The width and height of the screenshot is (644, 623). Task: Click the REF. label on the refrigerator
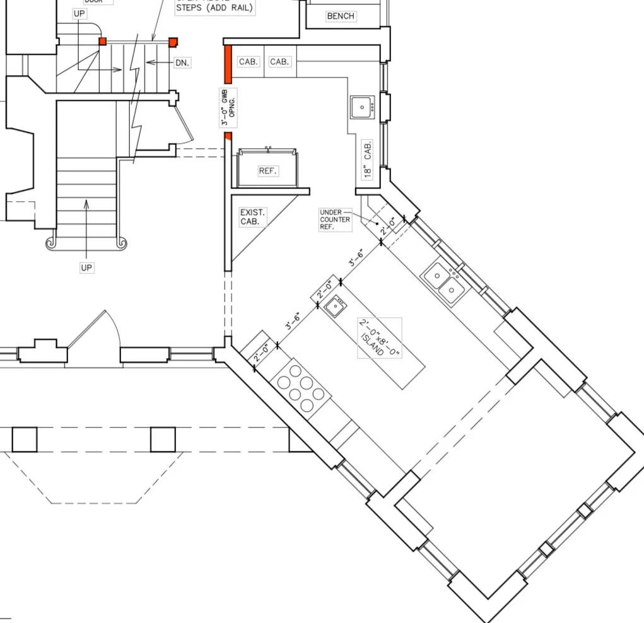coord(268,171)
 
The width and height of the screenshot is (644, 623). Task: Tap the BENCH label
coord(341,16)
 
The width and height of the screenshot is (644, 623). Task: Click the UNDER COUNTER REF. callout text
coord(335,219)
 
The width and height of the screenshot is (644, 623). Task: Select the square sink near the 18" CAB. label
coord(363,107)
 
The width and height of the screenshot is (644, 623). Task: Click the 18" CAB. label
coord(368,160)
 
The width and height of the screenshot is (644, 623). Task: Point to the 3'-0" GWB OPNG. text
coord(231,108)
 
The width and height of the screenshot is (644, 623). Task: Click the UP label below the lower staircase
coord(86,267)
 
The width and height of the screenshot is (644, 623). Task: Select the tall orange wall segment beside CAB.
coord(228,64)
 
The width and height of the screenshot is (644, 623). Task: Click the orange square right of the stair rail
coord(173,42)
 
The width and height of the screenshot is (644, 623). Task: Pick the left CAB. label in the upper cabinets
coord(248,62)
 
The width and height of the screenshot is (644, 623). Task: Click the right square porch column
coord(163,439)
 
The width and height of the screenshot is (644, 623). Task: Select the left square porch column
coord(25,439)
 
